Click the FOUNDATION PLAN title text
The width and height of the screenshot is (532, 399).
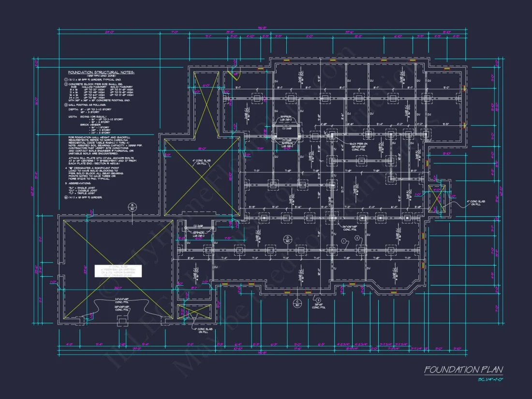pos(463,370)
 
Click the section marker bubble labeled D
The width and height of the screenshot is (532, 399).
pos(287,239)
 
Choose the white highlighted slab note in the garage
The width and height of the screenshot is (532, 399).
pos(118,271)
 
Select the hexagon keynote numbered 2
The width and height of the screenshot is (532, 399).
pos(357,238)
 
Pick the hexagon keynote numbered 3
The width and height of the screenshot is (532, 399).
pos(318,300)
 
